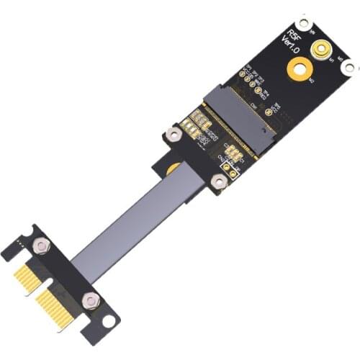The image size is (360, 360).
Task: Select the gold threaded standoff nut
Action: (320, 50)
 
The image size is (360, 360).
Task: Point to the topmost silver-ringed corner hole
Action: (302, 24)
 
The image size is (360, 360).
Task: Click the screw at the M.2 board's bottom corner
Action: (219, 182)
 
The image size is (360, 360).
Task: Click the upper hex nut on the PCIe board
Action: (42, 246)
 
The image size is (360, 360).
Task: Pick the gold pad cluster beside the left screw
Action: (190, 128)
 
